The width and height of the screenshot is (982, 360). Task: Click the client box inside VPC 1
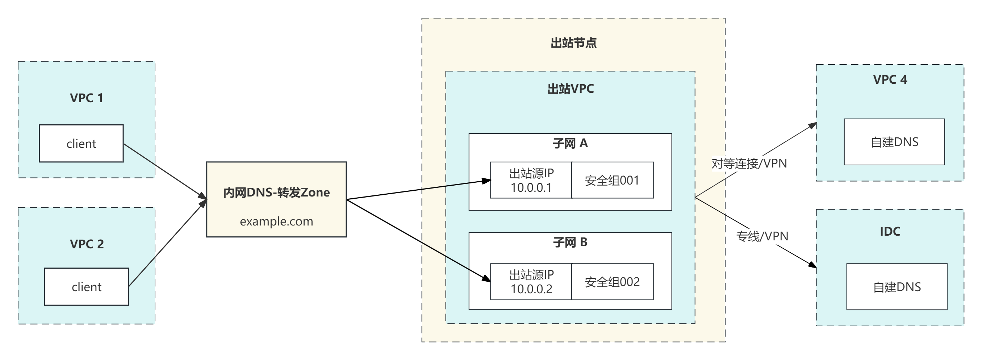(81, 144)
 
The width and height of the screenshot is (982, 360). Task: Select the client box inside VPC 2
(87, 286)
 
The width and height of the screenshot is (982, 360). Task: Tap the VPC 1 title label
(87, 98)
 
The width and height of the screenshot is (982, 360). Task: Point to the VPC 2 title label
(87, 244)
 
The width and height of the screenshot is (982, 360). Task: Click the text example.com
(276, 221)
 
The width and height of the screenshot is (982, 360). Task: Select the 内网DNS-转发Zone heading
(276, 193)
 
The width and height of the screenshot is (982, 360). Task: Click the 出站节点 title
(573, 43)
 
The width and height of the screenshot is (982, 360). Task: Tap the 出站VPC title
(570, 89)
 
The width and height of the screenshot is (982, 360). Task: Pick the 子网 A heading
(570, 144)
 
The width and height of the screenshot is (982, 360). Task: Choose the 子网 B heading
(570, 242)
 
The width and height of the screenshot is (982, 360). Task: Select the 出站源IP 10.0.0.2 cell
(531, 282)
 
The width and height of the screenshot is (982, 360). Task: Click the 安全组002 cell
(612, 282)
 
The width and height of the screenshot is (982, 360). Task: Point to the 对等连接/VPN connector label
(749, 164)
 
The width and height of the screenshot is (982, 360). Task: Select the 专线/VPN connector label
(762, 236)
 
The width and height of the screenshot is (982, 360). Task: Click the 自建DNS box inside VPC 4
(894, 142)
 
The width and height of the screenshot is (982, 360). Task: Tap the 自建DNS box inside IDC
(897, 287)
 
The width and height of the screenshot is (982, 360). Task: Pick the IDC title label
(890, 232)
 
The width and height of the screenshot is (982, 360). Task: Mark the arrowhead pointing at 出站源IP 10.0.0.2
(486, 279)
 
